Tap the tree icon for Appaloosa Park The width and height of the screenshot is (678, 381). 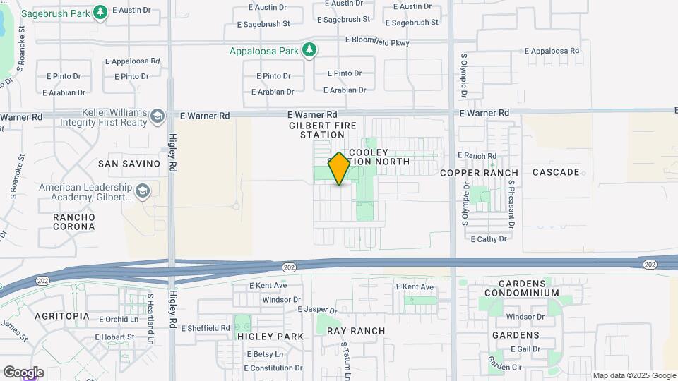tap(309, 50)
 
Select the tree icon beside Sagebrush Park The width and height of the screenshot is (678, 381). tap(100, 12)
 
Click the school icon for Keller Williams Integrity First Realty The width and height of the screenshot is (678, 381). tap(157, 117)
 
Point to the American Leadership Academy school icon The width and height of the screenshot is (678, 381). tap(143, 192)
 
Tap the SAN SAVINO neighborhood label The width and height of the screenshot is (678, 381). tap(129, 164)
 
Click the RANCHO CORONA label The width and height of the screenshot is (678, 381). tap(74, 222)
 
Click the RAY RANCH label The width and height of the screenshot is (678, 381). tap(359, 331)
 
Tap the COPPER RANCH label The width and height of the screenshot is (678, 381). tap(479, 173)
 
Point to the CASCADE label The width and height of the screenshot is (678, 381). tap(556, 172)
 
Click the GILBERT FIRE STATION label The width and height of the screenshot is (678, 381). tap(316, 130)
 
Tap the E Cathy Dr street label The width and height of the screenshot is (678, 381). tap(489, 239)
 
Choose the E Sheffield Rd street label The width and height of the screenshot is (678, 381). tap(206, 328)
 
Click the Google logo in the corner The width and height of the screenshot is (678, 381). tap(23, 373)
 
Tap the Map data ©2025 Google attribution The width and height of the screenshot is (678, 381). tap(634, 375)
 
